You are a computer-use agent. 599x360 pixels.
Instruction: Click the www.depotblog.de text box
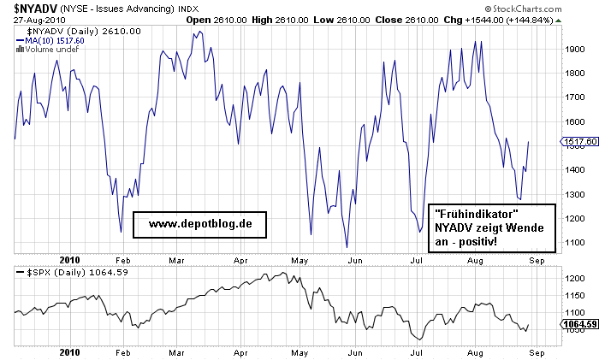click(200, 224)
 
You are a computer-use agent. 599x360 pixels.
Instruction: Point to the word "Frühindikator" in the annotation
click(477, 212)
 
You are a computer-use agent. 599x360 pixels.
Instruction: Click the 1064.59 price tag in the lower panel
click(580, 324)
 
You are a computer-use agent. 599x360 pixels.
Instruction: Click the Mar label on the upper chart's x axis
click(177, 258)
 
